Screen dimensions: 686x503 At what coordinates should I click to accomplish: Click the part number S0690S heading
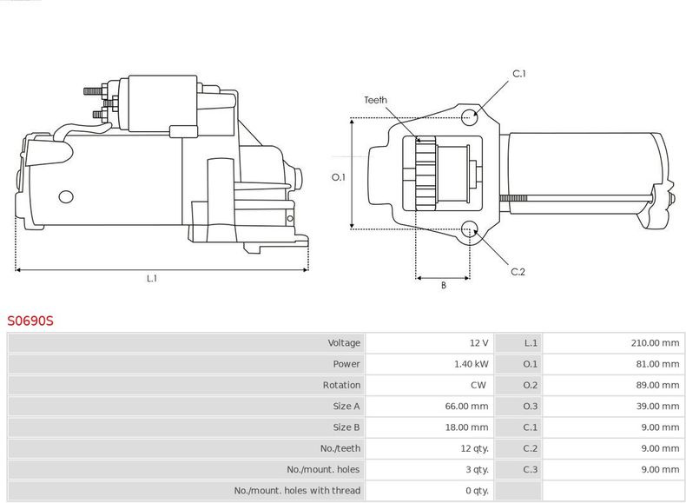30,321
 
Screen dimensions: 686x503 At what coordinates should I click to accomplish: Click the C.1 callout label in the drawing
519,74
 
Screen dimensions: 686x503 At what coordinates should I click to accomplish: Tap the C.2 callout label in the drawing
518,271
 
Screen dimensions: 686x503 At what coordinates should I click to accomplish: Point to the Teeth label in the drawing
375,100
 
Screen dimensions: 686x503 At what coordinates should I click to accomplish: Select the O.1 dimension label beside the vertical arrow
338,177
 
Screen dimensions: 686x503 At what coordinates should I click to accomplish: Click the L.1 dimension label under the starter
151,278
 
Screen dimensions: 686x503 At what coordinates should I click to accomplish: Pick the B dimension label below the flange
443,285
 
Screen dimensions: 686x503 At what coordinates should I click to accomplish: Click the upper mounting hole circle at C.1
469,117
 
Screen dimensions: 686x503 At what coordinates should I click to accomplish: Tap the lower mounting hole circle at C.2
469,229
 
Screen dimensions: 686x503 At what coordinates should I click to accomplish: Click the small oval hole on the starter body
66,197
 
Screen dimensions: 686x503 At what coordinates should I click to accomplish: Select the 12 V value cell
478,343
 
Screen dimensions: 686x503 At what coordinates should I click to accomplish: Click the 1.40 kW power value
472,364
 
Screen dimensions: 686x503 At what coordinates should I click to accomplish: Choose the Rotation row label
341,385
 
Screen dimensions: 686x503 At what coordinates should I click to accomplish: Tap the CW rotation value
478,385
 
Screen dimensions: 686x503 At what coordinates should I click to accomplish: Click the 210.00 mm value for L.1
655,343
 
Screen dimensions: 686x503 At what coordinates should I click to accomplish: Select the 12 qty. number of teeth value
474,448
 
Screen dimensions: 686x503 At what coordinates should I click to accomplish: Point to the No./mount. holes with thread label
297,490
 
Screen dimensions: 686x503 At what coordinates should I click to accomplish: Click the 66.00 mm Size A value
466,406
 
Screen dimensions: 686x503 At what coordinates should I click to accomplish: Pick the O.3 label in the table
531,406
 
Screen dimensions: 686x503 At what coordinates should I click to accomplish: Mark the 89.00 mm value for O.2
657,385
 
